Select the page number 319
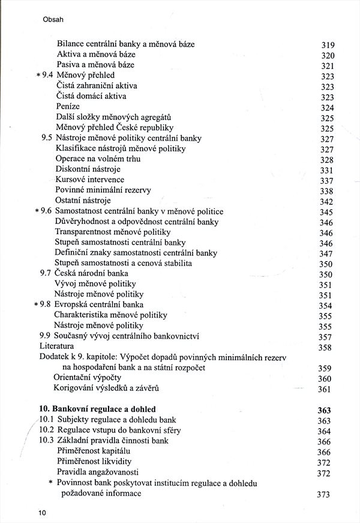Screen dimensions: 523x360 click(x=327, y=45)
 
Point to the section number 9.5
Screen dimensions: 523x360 click(x=47, y=138)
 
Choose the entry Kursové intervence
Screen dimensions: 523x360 click(x=90, y=180)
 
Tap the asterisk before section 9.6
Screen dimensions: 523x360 click(x=37, y=212)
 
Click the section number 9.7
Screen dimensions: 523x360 click(x=47, y=273)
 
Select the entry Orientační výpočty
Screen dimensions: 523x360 click(x=88, y=378)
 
